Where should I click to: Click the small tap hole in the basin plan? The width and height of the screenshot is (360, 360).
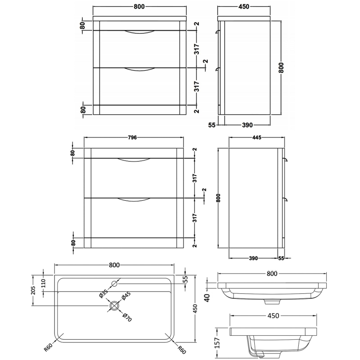[x=114, y=284]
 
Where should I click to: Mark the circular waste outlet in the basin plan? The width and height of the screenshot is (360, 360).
[x=115, y=306]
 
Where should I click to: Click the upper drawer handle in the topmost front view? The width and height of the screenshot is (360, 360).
[x=139, y=33]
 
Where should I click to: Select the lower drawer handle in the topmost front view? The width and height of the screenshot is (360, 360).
[x=139, y=69]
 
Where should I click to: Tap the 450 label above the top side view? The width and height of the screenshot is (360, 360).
[x=243, y=6]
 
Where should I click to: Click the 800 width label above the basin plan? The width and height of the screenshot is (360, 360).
[x=114, y=265]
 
